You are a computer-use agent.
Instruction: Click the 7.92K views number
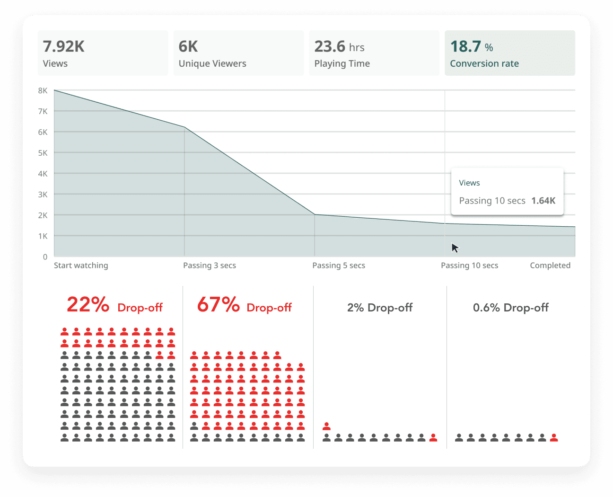[63, 46]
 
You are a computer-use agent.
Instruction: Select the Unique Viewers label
[212, 63]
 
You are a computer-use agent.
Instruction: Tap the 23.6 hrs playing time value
[339, 46]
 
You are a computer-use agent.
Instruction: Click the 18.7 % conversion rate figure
[471, 46]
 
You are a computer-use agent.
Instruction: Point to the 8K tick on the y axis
[43, 90]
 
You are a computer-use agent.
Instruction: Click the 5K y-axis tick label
[43, 153]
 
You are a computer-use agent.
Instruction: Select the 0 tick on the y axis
[45, 257]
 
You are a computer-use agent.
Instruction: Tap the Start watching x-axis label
[81, 266]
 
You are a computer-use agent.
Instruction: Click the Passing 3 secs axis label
[210, 266]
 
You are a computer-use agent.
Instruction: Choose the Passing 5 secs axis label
[339, 266]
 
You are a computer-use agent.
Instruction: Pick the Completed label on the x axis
[550, 266]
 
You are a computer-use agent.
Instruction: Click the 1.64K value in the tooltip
[543, 201]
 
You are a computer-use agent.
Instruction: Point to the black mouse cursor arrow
[455, 248]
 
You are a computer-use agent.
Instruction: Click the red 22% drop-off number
[88, 304]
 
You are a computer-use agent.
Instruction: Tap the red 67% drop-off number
[218, 304]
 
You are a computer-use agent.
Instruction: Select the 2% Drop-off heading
[380, 308]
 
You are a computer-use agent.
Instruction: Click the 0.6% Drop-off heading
[510, 308]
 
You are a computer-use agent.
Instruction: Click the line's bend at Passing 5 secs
[315, 214]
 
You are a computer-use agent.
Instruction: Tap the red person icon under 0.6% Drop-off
[554, 437]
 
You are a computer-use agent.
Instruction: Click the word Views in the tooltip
[469, 183]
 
